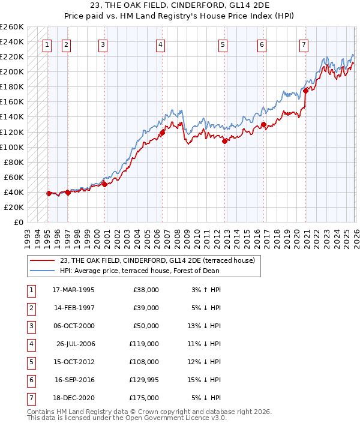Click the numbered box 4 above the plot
[x=161, y=44]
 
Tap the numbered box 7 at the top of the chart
[x=304, y=44]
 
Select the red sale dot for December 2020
[x=305, y=91]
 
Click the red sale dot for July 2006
[x=162, y=131]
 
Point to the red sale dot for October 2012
[x=224, y=142]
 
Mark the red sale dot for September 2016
[x=263, y=125]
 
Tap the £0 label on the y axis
[x=18, y=222]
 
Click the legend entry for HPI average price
[x=139, y=271]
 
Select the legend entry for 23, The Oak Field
[x=157, y=260]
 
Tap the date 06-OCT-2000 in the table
[x=73, y=326]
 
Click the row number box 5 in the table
[x=31, y=362]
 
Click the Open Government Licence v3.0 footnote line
[x=127, y=419]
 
